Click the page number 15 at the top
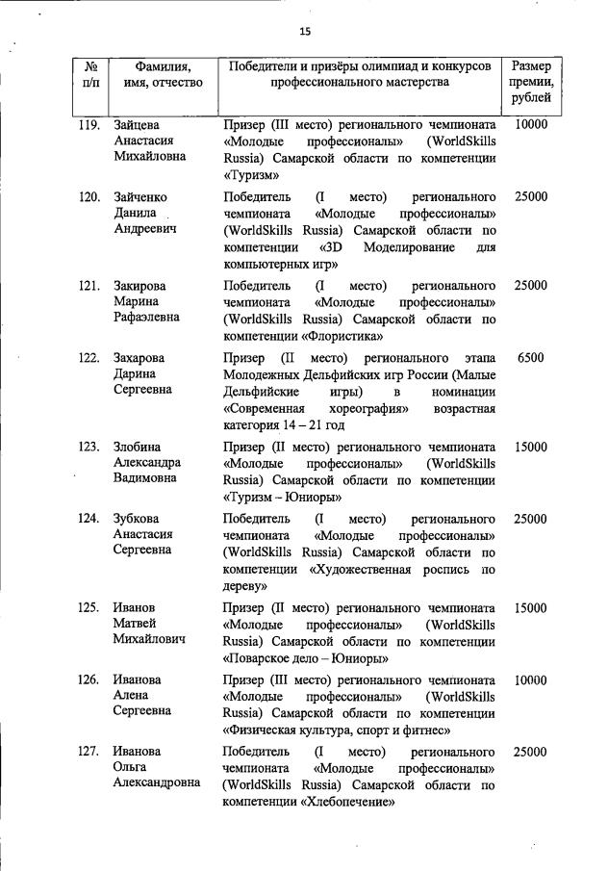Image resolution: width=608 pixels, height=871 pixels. click(305, 31)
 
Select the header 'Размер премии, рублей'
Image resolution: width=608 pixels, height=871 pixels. click(531, 82)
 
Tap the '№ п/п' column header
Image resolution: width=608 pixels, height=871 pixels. click(89, 74)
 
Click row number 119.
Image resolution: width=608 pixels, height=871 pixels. click(89, 125)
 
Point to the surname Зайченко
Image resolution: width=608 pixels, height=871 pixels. click(143, 197)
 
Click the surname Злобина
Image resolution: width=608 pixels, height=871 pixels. click(138, 447)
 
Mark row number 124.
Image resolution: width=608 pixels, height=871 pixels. click(89, 519)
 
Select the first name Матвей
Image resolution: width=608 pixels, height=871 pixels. click(136, 624)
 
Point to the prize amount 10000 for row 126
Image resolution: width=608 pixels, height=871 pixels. click(531, 679)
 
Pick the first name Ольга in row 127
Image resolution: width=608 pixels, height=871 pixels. click(133, 767)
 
